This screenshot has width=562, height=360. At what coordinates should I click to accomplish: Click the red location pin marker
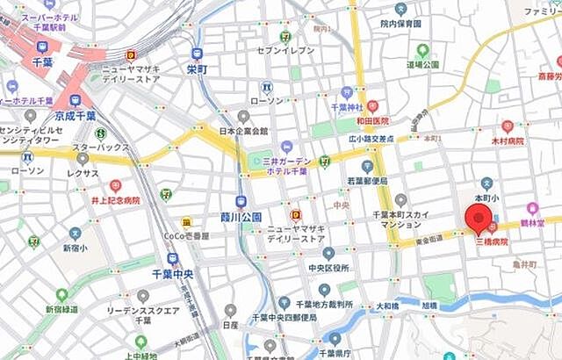[x=479, y=220]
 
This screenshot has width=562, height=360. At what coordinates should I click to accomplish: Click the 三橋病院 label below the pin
[x=491, y=241]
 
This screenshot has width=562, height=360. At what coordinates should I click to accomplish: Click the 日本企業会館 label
[x=243, y=133]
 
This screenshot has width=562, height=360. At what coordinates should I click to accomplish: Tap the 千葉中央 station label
[x=172, y=274]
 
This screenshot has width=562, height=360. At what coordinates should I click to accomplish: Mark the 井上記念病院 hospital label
[x=114, y=200]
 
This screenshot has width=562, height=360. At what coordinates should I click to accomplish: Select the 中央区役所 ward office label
[x=328, y=268]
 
